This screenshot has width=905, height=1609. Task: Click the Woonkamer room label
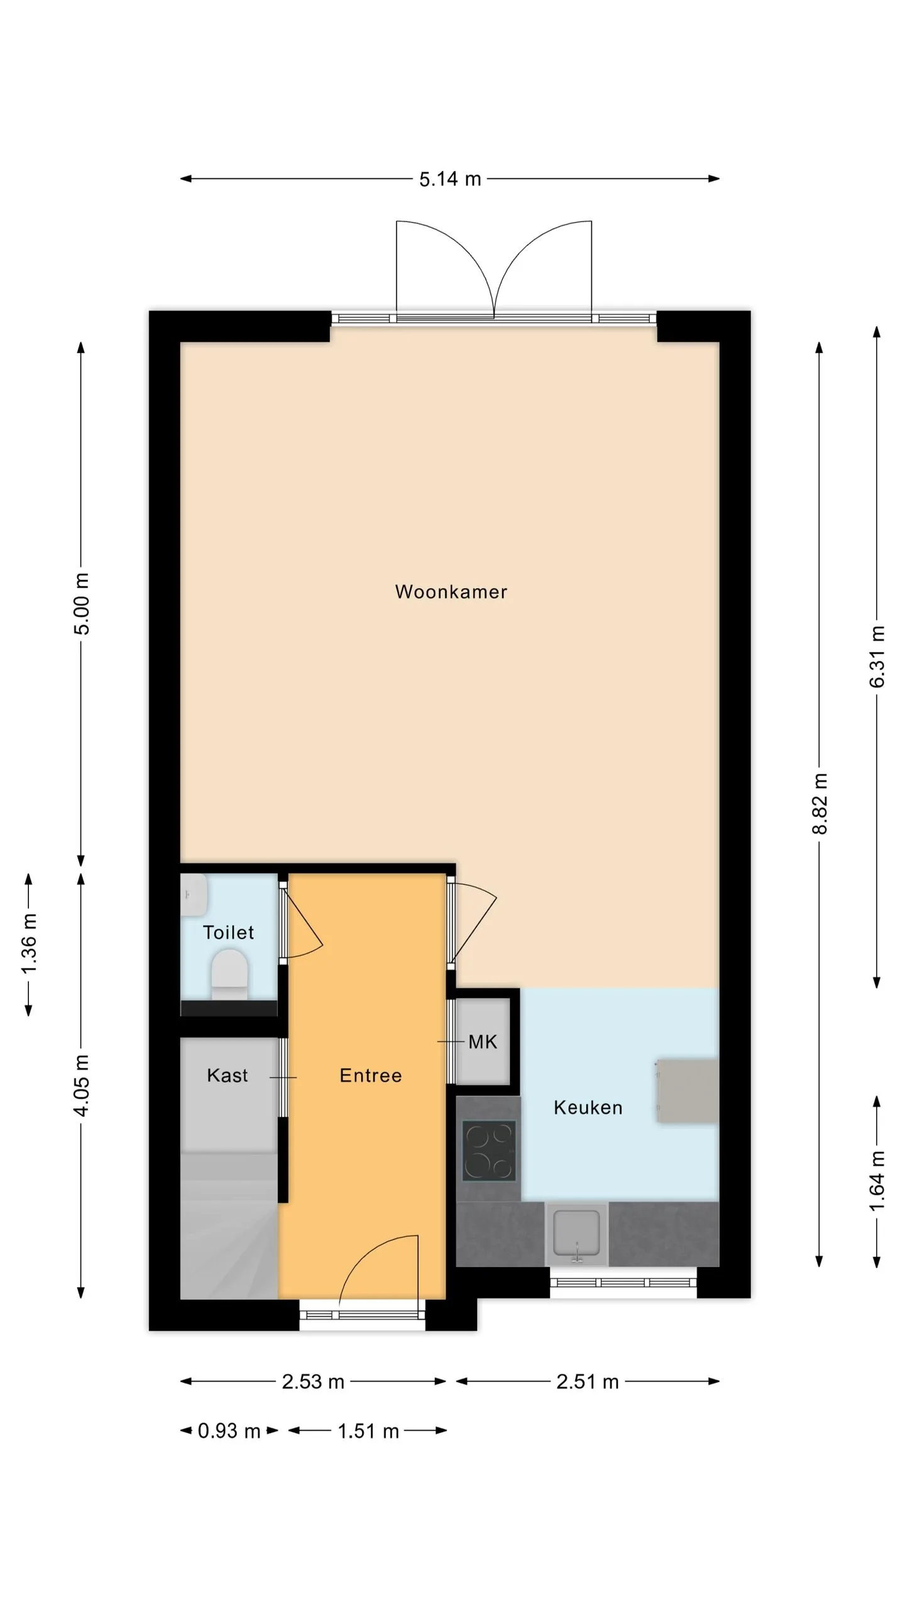pos(451,592)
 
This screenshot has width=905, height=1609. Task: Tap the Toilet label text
pos(228,932)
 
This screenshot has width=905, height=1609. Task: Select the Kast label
pos(227,1075)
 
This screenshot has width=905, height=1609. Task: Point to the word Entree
pos(370,1075)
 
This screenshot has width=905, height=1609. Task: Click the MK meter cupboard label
pos(483,1042)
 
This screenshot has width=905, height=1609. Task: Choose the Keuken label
pos(588,1107)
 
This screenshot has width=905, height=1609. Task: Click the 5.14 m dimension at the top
pos(450,179)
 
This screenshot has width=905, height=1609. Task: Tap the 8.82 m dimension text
pos(820,804)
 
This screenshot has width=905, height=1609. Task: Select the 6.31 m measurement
pos(877,657)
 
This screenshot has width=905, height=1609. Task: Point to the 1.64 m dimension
pos(877,1182)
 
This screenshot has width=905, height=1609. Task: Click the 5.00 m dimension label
pos(81,603)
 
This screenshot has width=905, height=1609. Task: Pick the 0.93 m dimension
pos(229,1431)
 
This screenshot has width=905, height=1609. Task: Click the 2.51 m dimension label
pos(588,1382)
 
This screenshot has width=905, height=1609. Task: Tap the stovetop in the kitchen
pos(489,1151)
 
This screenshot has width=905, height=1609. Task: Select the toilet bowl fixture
pos(229,974)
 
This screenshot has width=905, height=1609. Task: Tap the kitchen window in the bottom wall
pos(623,1283)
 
